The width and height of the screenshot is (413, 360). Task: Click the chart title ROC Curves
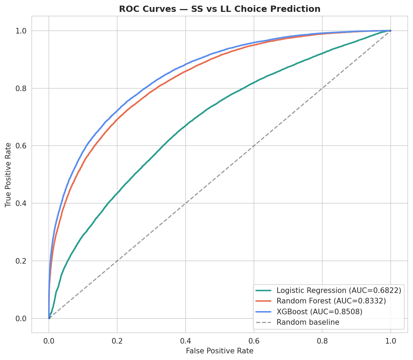point(219,9)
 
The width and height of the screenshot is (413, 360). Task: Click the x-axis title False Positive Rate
point(219,351)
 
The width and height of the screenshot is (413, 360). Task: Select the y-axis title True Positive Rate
point(8,175)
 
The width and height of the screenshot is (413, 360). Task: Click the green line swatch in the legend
point(264,290)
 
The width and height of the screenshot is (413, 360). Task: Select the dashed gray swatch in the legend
point(264,322)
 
